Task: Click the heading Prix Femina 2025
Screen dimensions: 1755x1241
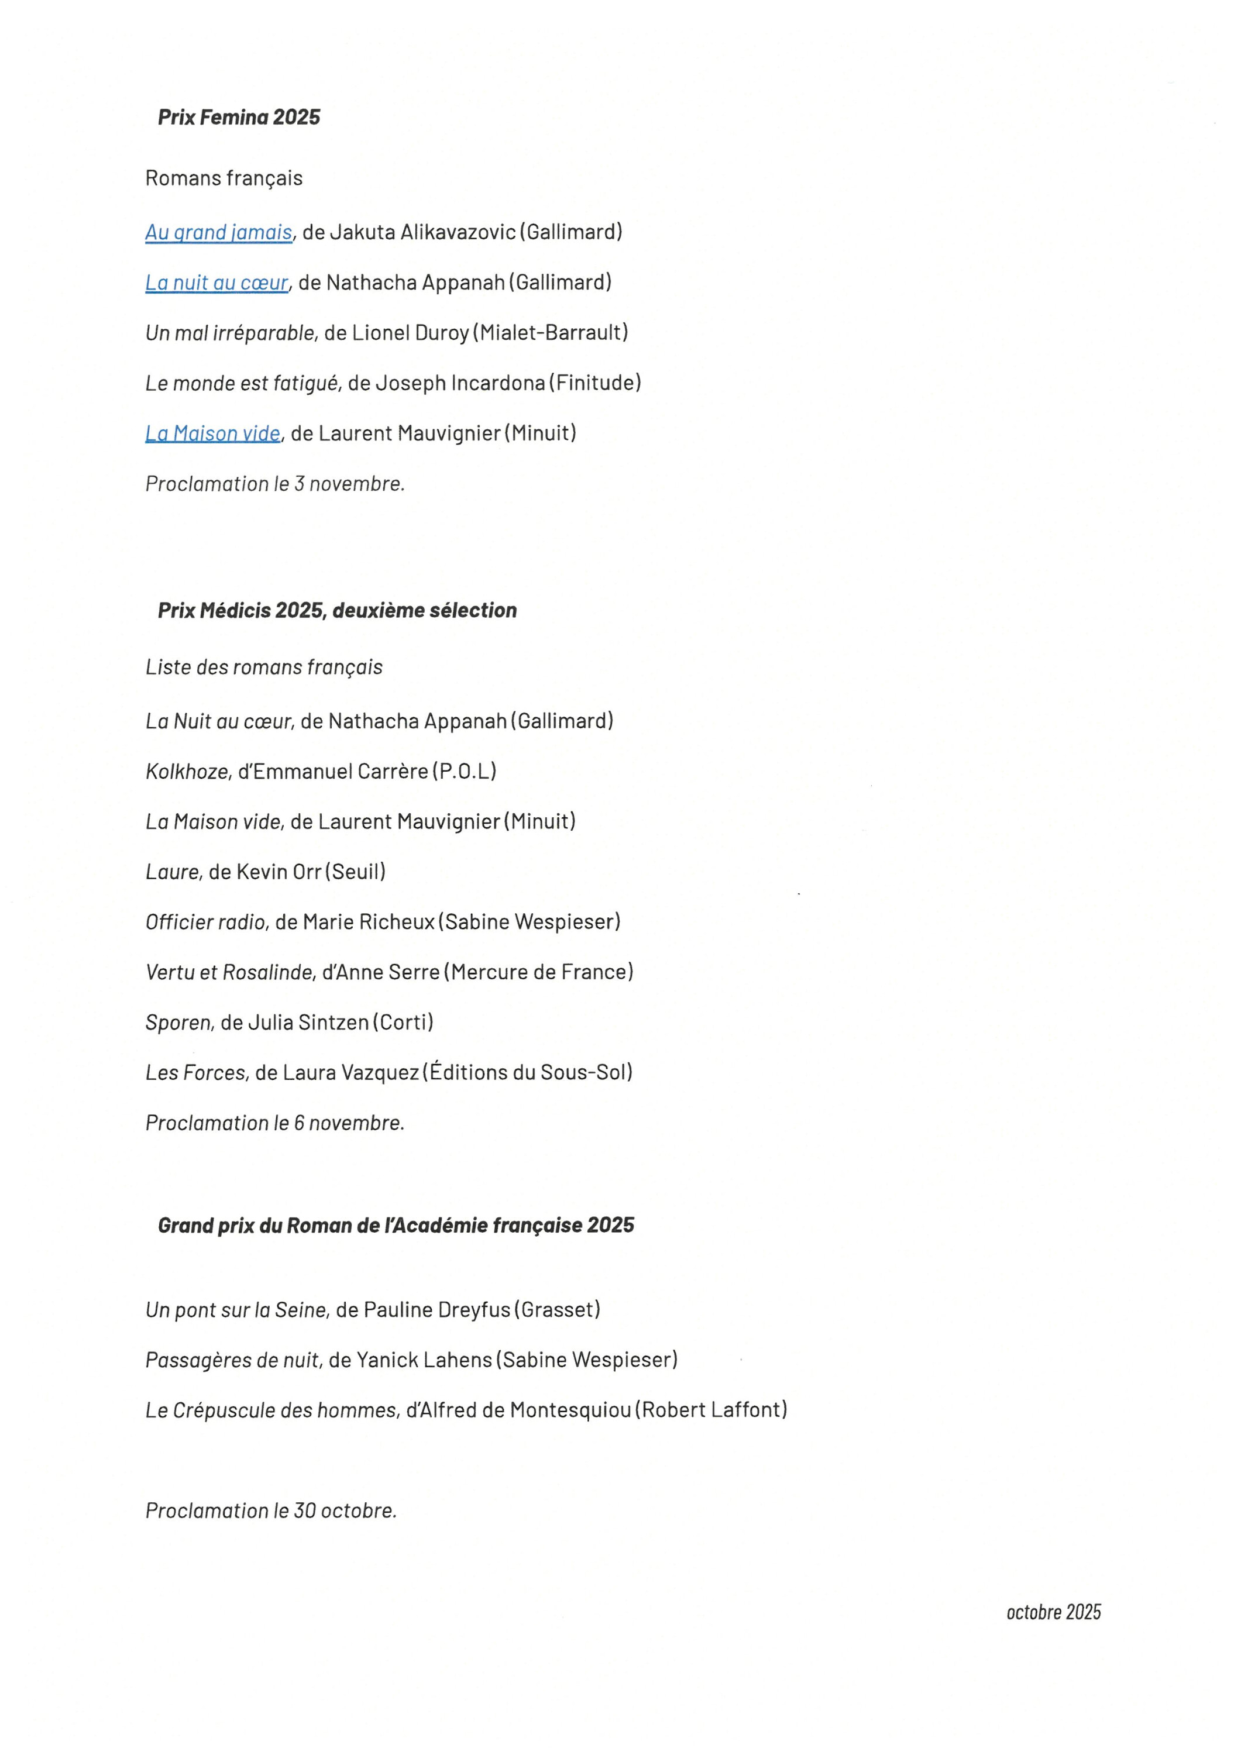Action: (x=239, y=117)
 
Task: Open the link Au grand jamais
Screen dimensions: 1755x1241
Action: (x=219, y=232)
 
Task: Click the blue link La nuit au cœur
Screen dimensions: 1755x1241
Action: (x=217, y=282)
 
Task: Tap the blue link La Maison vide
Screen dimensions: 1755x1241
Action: (x=212, y=433)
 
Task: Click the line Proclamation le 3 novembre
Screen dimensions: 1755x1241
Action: (x=274, y=483)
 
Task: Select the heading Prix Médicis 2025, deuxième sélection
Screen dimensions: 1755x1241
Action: (x=336, y=610)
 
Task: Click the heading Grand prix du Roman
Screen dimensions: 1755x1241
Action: (x=396, y=1226)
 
